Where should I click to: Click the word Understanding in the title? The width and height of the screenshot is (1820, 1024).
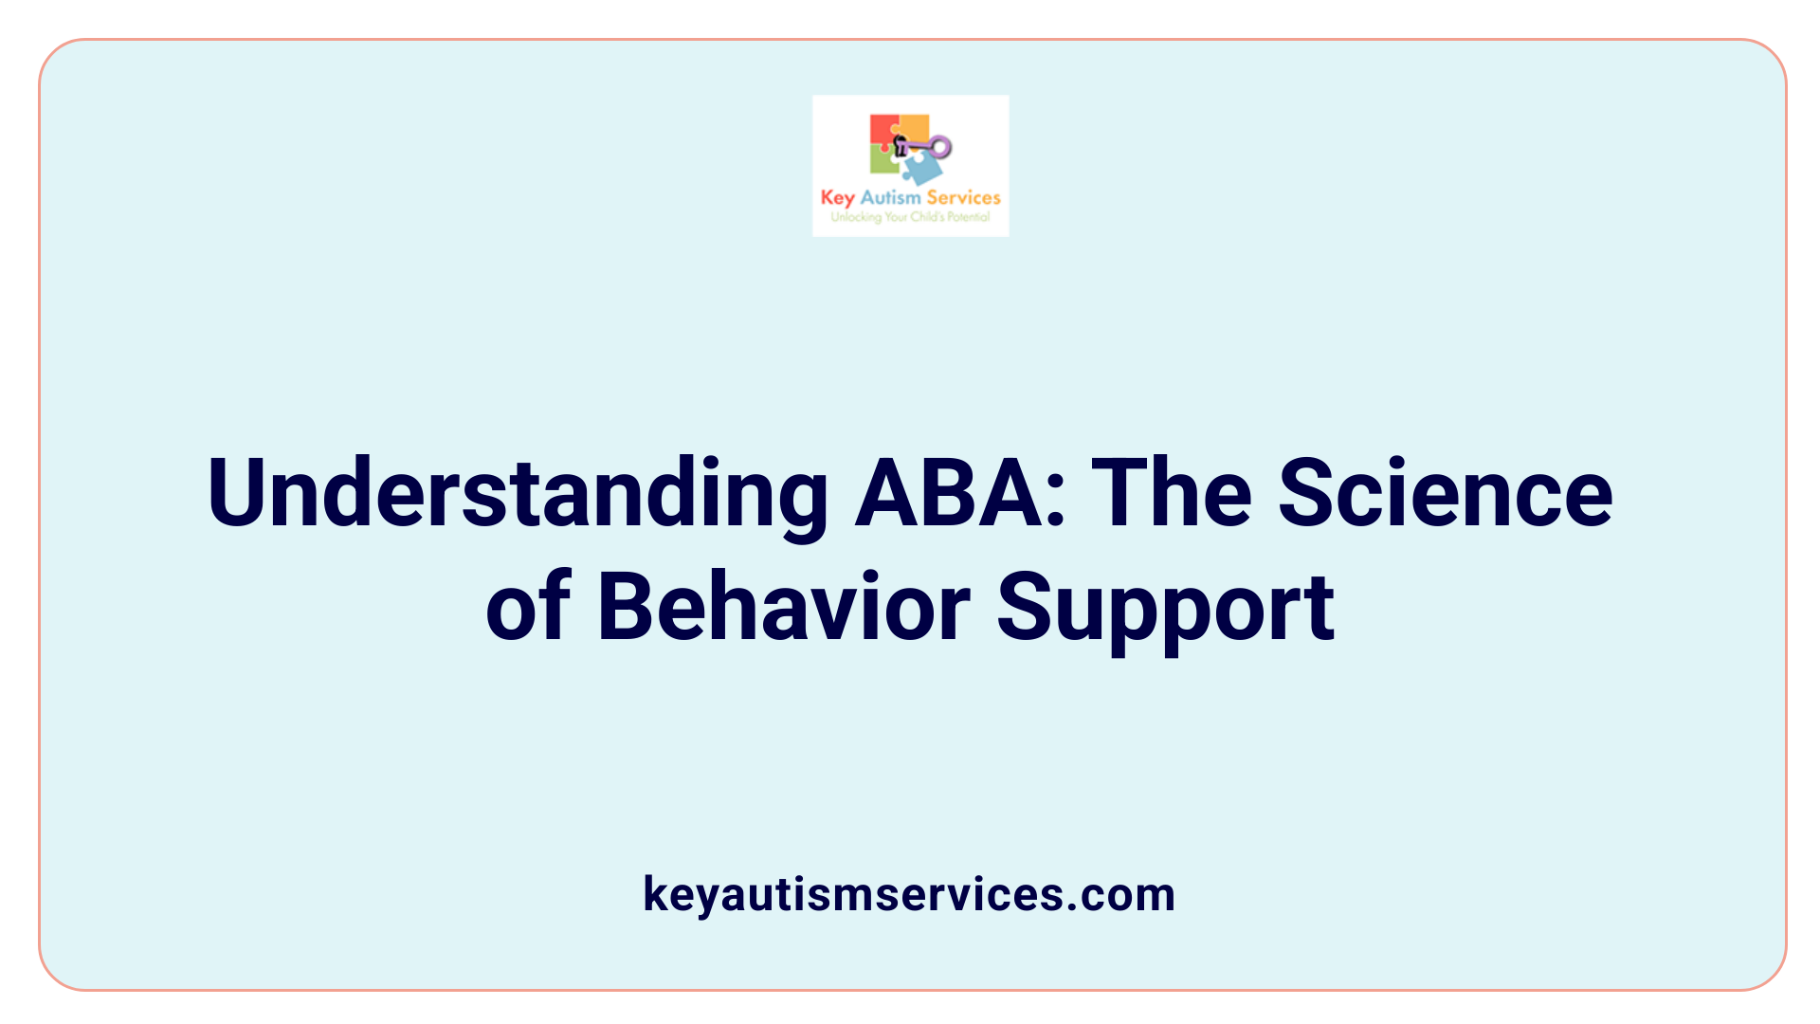coord(518,493)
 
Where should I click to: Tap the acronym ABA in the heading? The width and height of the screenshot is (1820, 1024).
coord(959,493)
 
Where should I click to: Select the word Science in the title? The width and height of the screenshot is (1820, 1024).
coord(1445,493)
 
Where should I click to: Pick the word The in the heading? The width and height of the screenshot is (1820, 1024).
coord(1175,493)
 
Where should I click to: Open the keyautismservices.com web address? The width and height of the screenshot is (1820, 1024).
coord(908,894)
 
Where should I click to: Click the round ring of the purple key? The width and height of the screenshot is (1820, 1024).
coord(940,147)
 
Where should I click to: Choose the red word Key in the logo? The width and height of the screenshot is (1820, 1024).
coord(837,198)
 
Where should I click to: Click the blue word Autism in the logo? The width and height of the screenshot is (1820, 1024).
coord(890,197)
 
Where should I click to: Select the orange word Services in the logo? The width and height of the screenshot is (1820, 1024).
coord(963,197)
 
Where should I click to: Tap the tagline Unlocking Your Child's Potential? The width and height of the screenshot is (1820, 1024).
coord(910,217)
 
